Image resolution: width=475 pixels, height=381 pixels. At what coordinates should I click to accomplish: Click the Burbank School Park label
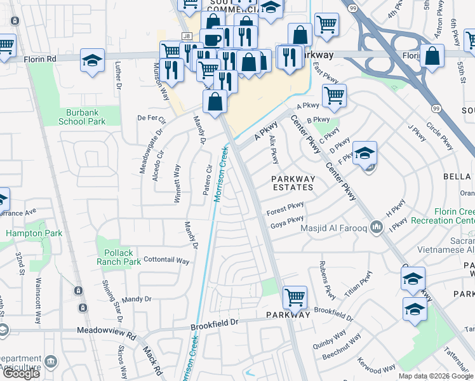coord(82,116)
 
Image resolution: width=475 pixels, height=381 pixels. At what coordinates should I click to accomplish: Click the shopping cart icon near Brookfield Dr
coord(295,297)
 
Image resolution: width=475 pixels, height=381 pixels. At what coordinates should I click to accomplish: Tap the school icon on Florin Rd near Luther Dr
coord(93,61)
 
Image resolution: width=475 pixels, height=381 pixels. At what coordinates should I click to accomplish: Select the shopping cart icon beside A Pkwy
coord(334,97)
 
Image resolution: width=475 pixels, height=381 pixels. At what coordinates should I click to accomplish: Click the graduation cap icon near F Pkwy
coord(365,153)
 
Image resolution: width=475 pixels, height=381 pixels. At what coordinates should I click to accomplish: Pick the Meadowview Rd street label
coord(107,331)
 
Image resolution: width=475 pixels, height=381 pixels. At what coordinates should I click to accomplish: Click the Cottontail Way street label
coord(167,260)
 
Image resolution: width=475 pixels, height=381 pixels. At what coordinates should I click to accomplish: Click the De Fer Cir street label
coord(152,119)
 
